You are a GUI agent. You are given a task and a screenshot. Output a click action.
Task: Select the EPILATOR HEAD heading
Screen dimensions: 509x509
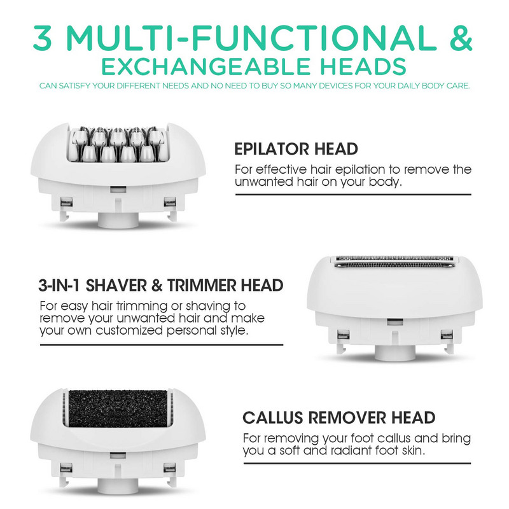pos(296,150)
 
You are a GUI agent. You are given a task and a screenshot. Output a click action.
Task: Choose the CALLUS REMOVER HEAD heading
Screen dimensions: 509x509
pos(339,418)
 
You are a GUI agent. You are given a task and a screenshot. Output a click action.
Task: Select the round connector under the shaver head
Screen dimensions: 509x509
pos(395,351)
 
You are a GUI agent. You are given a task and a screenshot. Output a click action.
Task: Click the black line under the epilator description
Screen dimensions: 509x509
pos(353,194)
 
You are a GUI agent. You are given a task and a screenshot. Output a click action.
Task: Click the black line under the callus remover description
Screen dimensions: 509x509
pos(353,463)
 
